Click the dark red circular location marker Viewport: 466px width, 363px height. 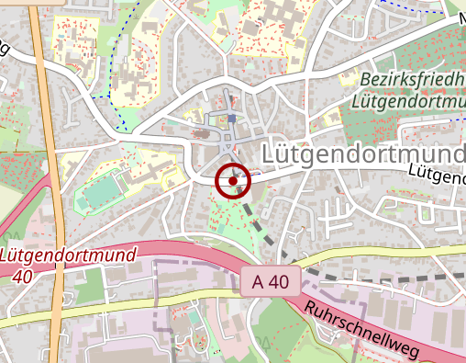click(x=233, y=181)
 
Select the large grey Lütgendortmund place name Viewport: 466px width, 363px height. click(x=363, y=153)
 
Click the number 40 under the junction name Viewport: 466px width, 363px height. click(x=24, y=276)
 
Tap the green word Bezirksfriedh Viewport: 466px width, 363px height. click(x=412, y=80)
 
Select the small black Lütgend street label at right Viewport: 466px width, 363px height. click(x=436, y=172)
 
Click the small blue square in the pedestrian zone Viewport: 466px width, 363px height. click(x=233, y=119)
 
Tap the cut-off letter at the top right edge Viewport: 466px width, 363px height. click(x=461, y=17)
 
